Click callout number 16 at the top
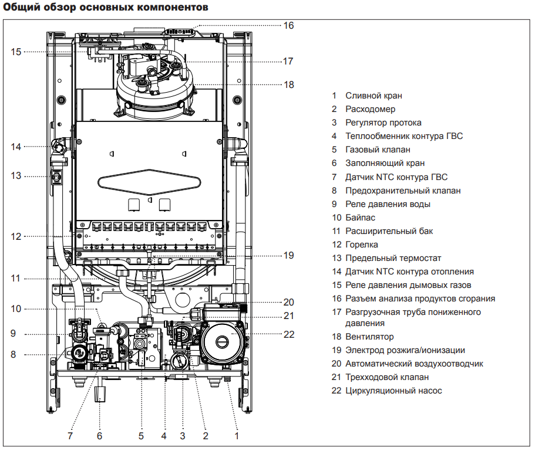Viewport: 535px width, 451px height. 288,26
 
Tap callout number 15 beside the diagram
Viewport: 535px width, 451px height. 16,52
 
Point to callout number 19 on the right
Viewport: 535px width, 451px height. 289,256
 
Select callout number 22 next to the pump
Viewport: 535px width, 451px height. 289,334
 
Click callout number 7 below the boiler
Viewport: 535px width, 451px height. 70,436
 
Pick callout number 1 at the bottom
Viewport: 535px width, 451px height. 237,436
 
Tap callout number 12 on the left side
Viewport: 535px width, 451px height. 16,236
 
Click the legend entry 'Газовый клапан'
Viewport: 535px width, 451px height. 378,150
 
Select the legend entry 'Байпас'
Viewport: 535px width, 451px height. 360,218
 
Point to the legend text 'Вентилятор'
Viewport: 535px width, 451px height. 369,337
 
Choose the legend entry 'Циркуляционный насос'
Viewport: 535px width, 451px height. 393,391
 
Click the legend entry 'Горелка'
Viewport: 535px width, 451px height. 362,245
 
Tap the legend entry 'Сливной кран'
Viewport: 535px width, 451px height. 374,96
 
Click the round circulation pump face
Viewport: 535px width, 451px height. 223,341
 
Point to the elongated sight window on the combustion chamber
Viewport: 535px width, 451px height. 149,182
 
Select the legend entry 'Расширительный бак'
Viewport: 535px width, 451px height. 389,231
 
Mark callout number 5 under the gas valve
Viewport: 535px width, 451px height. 142,436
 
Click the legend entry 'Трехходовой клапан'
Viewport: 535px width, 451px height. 387,377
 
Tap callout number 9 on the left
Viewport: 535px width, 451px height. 13,334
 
